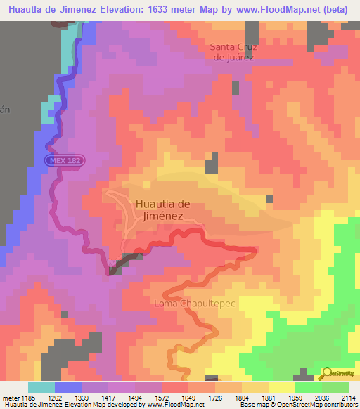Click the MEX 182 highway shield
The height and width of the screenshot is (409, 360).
point(65,161)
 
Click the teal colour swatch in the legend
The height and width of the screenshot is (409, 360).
point(41,387)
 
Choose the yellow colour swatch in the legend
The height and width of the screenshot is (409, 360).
point(282,387)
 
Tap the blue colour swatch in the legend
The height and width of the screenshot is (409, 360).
point(68,387)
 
